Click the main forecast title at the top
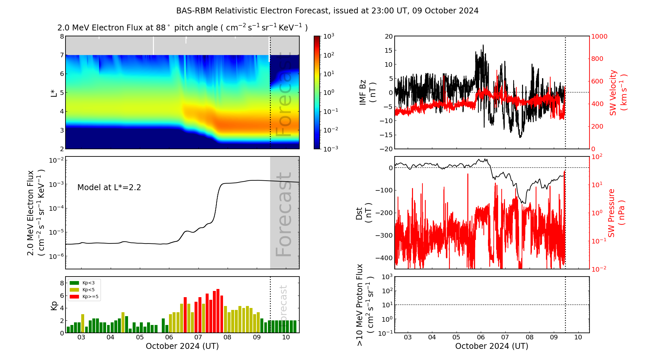pyautogui.click(x=327, y=11)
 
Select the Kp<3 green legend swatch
pyautogui.click(x=74, y=283)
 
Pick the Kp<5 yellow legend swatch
pyautogui.click(x=74, y=290)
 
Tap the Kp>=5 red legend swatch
pyautogui.click(x=74, y=297)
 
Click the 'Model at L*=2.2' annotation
pyautogui.click(x=109, y=188)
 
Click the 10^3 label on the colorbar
pyautogui.click(x=328, y=36)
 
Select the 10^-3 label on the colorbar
pyautogui.click(x=330, y=149)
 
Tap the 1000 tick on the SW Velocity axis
pyautogui.click(x=599, y=36)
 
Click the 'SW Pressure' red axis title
pyautogui.click(x=611, y=213)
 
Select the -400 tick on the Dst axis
pyautogui.click(x=384, y=258)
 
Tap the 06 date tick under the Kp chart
pyautogui.click(x=169, y=337)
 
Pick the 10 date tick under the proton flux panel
pyautogui.click(x=578, y=337)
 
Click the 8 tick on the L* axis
pyautogui.click(x=62, y=36)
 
